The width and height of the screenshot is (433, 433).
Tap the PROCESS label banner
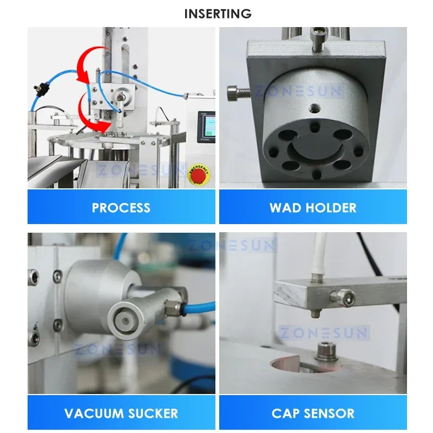point(121,207)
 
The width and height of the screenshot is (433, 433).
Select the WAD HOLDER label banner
point(313,207)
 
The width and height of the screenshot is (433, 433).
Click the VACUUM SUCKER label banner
point(121,414)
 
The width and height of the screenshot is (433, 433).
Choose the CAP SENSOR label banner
point(313,414)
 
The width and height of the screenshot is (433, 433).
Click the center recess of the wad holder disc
point(314,143)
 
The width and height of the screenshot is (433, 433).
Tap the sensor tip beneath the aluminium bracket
point(314,314)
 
